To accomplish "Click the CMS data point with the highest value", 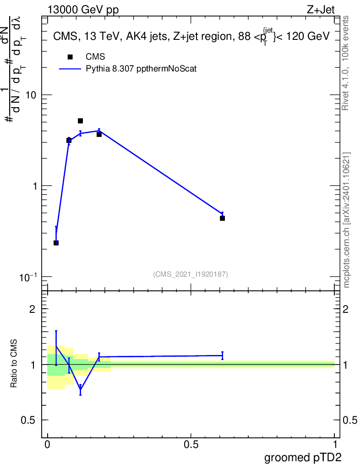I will pyautogui.click(x=80, y=121).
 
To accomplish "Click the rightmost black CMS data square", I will pyautogui.click(x=222, y=218).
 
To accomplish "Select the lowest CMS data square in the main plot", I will pyautogui.click(x=56, y=243).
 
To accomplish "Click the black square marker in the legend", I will pyautogui.click(x=70, y=57).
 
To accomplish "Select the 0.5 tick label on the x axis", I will pyautogui.click(x=191, y=445).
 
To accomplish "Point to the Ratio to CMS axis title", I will pyautogui.click(x=15, y=363).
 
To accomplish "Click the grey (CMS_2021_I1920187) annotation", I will pyautogui.click(x=191, y=274).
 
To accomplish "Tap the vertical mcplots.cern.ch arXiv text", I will pyautogui.click(x=347, y=220).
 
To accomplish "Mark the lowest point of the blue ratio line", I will pyautogui.click(x=80, y=389).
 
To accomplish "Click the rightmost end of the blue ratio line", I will pyautogui.click(x=222, y=355).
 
